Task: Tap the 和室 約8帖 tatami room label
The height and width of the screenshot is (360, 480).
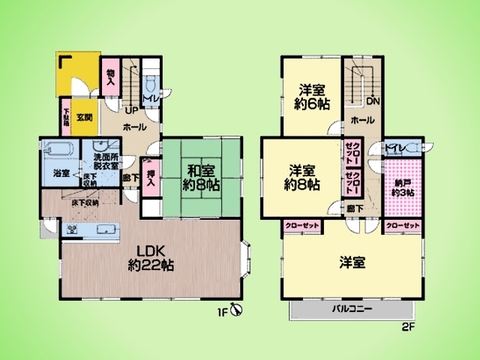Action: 201,176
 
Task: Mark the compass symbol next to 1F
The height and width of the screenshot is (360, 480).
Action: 235,310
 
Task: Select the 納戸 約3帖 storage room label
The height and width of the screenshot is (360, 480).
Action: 405,186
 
